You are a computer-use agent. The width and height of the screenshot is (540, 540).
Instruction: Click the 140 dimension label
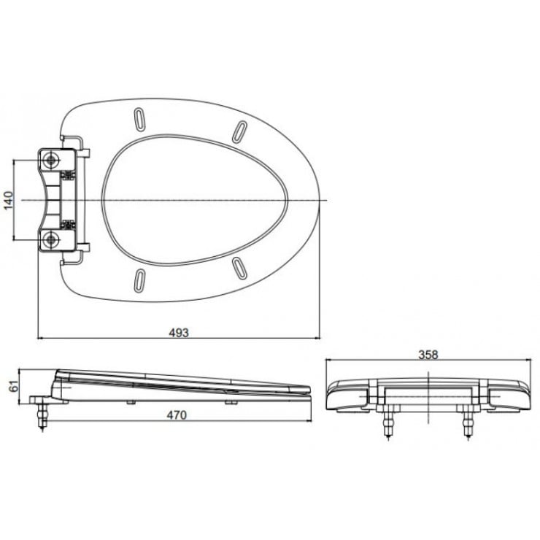(x=9, y=198)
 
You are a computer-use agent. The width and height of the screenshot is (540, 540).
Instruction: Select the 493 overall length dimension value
(x=180, y=332)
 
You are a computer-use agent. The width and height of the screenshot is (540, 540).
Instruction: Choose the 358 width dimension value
(x=428, y=355)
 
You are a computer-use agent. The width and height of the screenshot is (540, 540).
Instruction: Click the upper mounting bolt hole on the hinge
(x=51, y=160)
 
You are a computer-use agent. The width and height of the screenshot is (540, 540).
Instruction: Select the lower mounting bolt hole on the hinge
(x=51, y=238)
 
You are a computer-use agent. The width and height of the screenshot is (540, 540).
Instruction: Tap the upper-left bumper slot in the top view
(x=139, y=117)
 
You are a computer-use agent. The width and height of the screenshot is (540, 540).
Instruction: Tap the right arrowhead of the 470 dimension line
(x=310, y=422)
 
